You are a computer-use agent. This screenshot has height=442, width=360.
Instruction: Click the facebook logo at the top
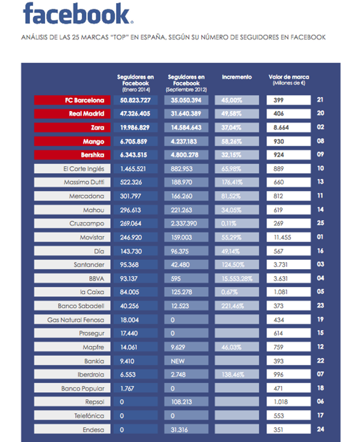tap(78, 13)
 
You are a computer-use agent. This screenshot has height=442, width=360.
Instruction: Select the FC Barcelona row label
tap(72, 100)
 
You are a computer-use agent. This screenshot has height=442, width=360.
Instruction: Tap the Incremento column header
tap(237, 77)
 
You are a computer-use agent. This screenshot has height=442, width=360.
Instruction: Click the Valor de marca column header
tap(289, 80)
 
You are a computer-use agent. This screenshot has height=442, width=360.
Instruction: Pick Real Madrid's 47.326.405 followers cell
tap(135, 114)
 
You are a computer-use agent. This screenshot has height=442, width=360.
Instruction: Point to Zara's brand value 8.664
tap(289, 128)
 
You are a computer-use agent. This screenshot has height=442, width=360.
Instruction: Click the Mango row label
tap(72, 141)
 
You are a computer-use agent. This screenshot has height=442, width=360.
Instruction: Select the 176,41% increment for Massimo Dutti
tap(237, 182)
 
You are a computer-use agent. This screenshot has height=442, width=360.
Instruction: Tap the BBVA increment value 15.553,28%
tap(237, 278)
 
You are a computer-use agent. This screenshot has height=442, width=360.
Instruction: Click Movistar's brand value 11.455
tap(289, 237)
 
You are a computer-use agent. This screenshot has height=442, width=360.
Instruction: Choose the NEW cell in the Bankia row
tap(186, 361)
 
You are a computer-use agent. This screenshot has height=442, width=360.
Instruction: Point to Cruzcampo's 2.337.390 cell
tap(186, 223)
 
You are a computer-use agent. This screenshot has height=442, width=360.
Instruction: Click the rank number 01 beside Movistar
tap(320, 237)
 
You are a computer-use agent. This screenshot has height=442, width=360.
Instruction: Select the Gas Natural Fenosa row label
tap(72, 320)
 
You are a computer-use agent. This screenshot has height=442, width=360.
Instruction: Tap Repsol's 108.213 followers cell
tap(186, 402)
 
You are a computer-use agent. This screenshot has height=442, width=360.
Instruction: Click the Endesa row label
tap(72, 429)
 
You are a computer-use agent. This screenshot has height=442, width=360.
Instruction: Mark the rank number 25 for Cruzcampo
tap(320, 223)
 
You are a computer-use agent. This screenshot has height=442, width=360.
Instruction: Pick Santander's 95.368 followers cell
tap(135, 264)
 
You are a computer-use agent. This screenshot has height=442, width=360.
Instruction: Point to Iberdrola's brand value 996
tap(289, 375)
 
